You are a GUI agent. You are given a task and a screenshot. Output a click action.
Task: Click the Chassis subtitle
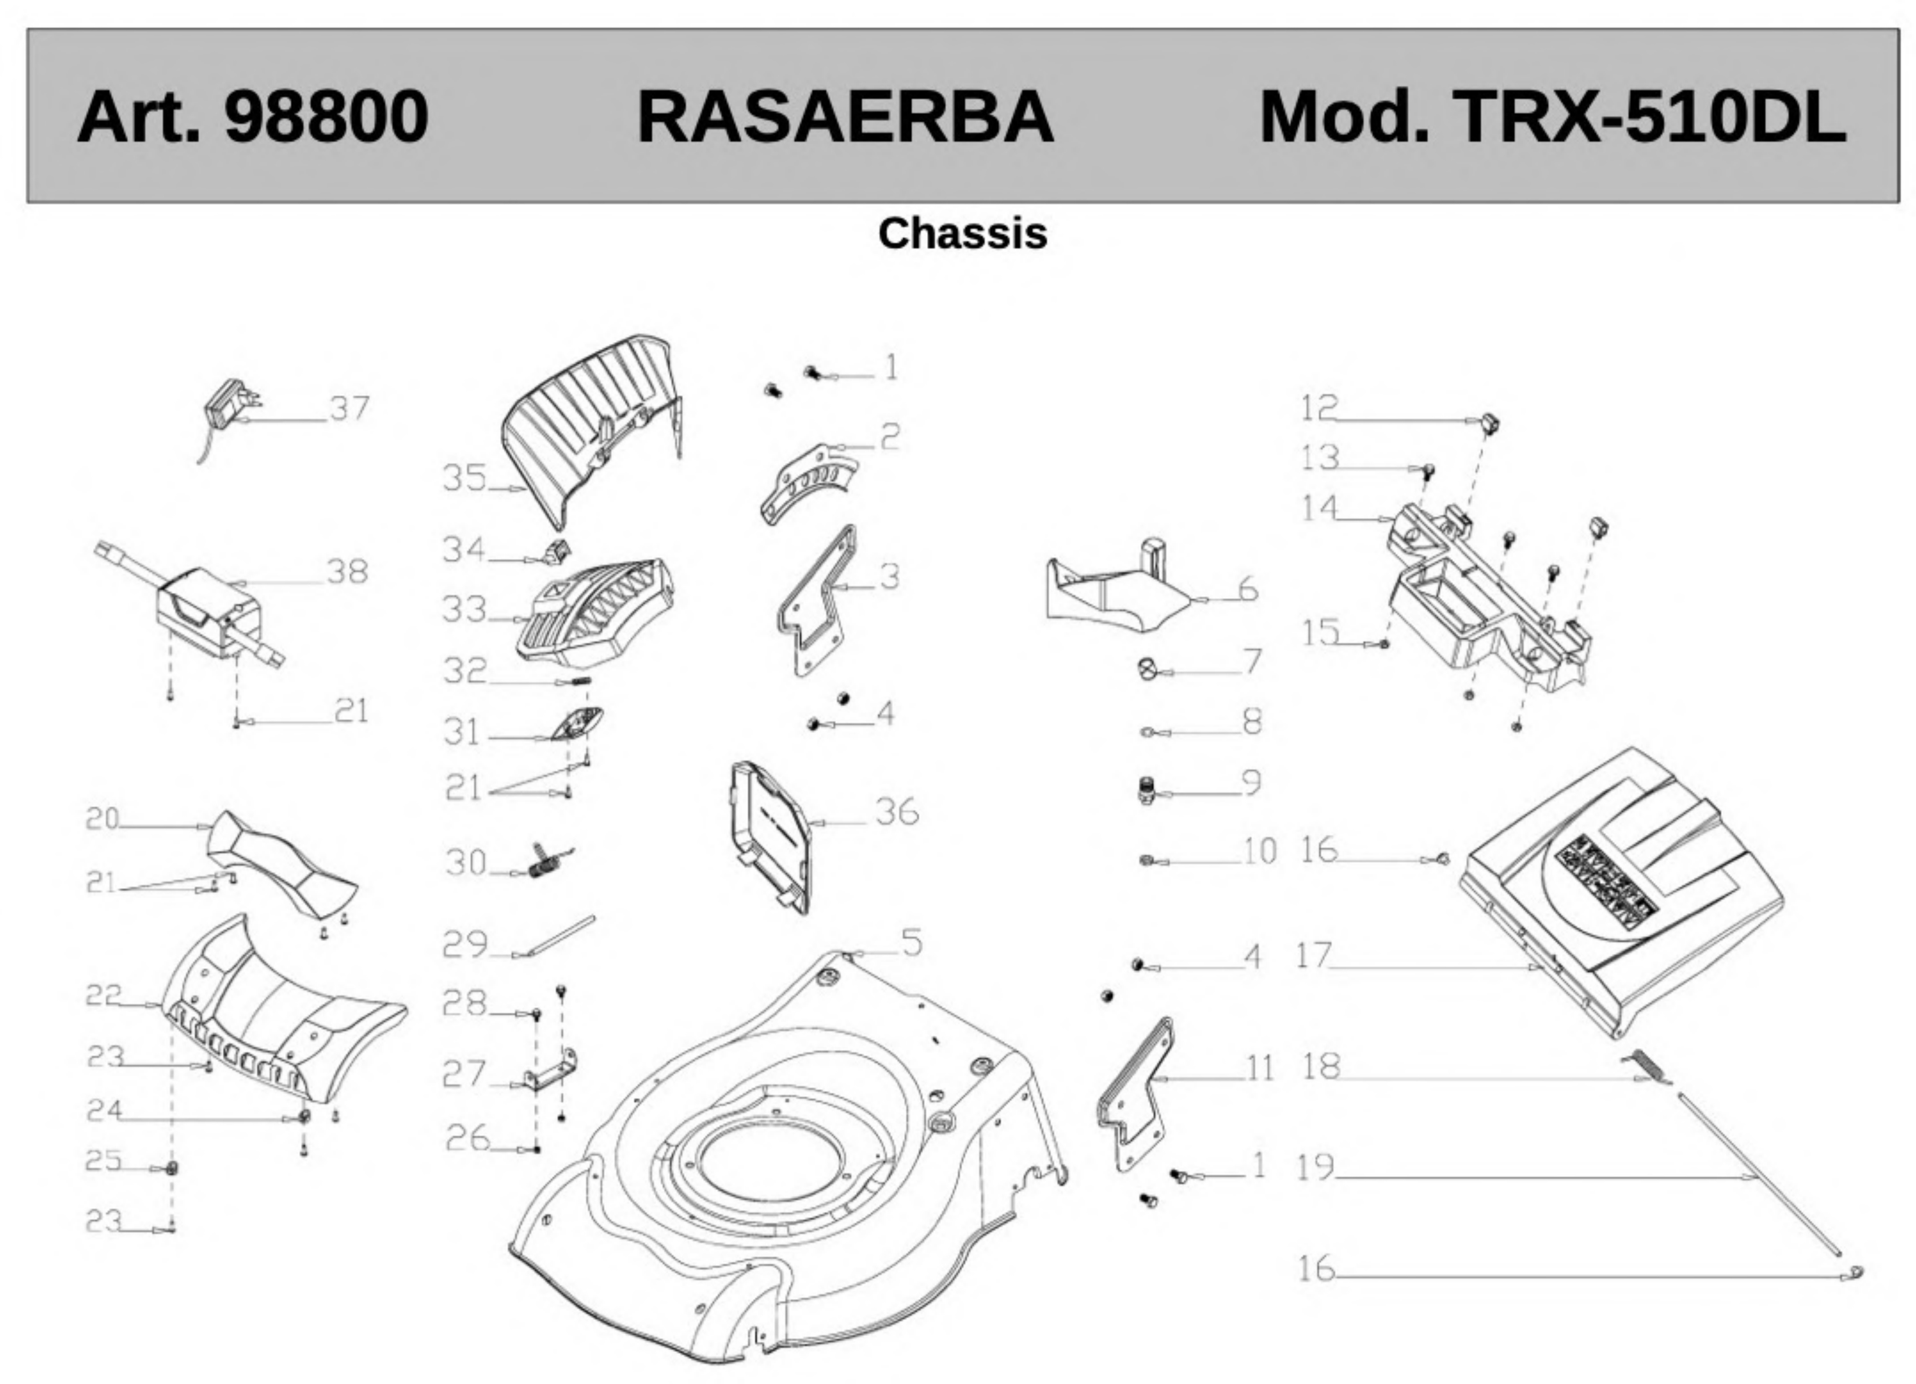(962, 233)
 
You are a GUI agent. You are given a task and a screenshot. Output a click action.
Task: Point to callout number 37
(349, 409)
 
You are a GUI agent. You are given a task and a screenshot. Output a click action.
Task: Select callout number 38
(347, 572)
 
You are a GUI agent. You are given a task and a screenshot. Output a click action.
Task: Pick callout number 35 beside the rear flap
(465, 478)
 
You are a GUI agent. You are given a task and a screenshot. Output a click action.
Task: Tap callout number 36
(896, 812)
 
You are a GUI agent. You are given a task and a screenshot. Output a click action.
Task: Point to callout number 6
(1248, 589)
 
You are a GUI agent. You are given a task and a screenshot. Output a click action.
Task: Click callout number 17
(1313, 957)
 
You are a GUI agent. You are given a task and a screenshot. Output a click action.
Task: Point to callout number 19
(1315, 1168)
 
